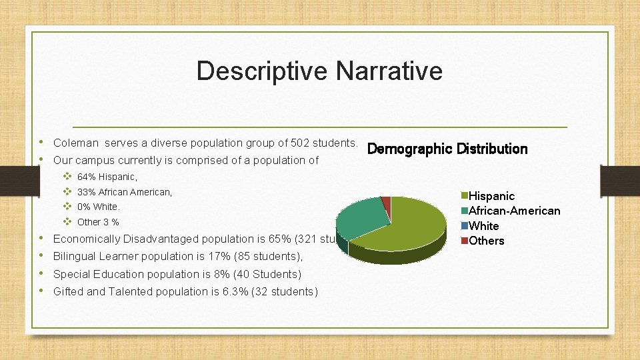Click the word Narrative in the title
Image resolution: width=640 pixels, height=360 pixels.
coord(389,71)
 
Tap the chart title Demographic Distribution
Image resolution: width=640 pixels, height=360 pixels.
coord(447,149)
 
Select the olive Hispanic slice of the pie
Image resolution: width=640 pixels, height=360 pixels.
coord(407,223)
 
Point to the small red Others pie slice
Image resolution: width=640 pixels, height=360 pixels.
coord(386,201)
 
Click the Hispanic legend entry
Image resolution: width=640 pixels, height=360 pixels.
coord(491,196)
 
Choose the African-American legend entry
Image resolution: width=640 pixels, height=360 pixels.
coord(514,211)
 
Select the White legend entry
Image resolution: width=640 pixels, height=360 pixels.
coord(483,226)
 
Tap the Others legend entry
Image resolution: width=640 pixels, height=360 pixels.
coord(486,241)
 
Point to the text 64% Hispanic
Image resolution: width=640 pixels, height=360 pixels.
coord(107,177)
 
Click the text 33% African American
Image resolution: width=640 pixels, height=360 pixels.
coord(125,192)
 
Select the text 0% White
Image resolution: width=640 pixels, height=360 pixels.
coord(99,207)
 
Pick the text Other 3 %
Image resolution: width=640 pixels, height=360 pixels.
coord(98,222)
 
